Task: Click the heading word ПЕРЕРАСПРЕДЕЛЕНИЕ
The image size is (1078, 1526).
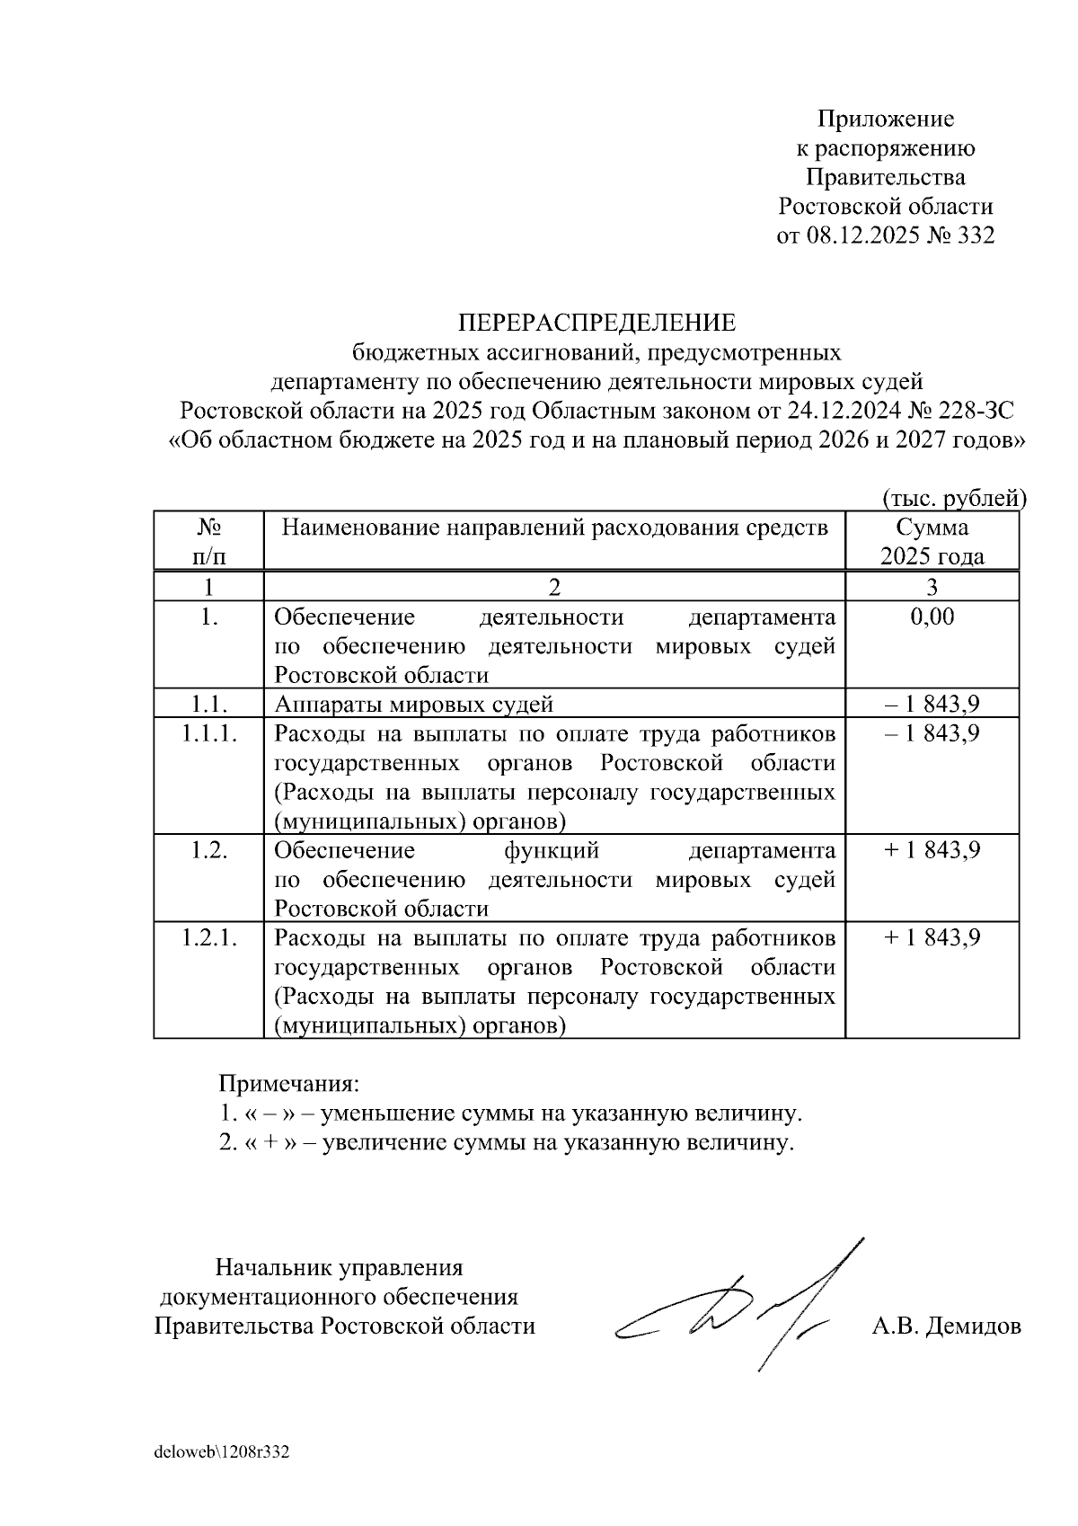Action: pyautogui.click(x=597, y=323)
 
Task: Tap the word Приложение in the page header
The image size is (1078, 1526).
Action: pyautogui.click(x=885, y=119)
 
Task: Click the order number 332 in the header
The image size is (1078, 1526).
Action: pyautogui.click(x=976, y=236)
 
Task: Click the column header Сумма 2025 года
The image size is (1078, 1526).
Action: pyautogui.click(x=932, y=541)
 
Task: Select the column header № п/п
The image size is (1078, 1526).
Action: pyautogui.click(x=208, y=541)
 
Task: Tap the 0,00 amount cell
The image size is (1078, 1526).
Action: pyautogui.click(x=932, y=617)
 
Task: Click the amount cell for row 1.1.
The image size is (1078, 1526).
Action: pyautogui.click(x=932, y=704)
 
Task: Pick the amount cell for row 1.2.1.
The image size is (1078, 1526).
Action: pyautogui.click(x=932, y=937)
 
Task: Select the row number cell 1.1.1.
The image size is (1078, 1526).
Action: pyautogui.click(x=208, y=733)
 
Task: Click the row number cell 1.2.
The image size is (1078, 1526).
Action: pyautogui.click(x=208, y=850)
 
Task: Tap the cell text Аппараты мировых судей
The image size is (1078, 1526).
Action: pyautogui.click(x=413, y=704)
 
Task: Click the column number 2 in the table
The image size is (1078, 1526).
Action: pyautogui.click(x=554, y=588)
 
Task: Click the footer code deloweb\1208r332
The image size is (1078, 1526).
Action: pyautogui.click(x=221, y=1452)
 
